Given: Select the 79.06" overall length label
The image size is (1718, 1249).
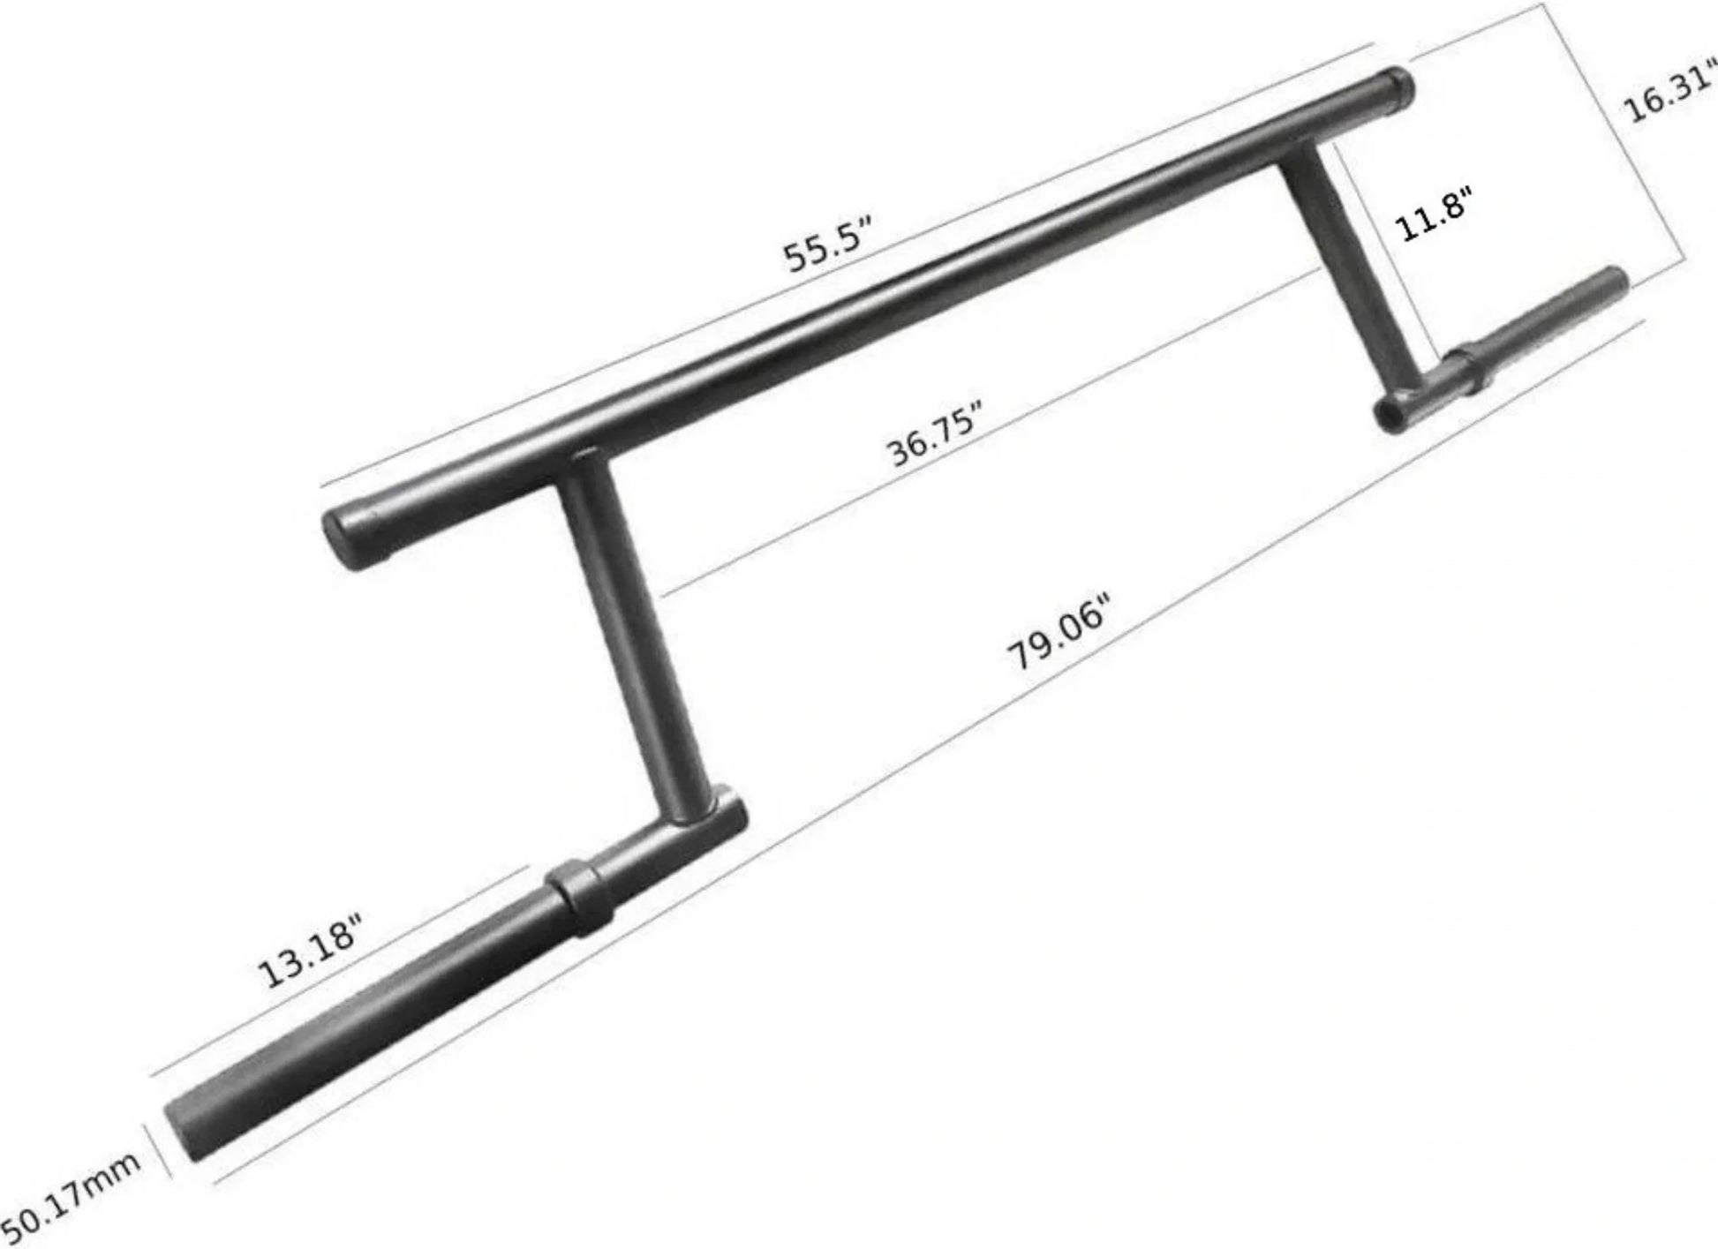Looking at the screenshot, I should (1058, 632).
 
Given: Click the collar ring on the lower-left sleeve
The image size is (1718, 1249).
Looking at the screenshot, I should (579, 896).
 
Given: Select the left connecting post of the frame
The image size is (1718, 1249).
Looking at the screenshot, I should (632, 636).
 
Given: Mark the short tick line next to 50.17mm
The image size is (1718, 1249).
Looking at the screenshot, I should (160, 1151).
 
